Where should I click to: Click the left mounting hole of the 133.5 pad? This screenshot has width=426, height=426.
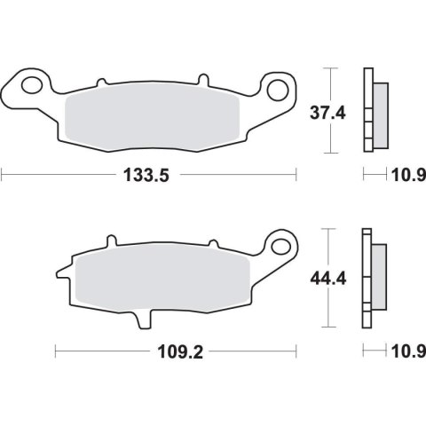coord(32,87)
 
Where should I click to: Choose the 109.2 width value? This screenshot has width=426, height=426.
coord(176,352)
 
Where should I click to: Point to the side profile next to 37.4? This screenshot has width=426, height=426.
coord(374,111)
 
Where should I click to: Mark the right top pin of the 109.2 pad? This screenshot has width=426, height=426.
coord(212,241)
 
